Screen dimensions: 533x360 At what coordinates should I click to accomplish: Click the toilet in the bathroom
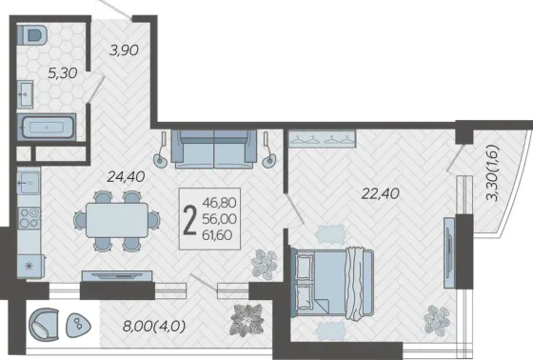[32, 34]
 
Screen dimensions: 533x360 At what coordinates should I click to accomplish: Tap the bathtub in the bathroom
[47, 128]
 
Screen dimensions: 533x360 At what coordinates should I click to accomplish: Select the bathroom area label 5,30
[63, 72]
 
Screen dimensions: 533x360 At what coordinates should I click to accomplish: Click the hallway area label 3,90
[124, 50]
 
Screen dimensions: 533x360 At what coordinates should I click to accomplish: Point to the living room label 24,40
[126, 176]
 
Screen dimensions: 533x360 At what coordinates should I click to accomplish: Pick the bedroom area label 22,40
[381, 193]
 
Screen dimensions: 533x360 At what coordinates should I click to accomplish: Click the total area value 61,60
[217, 235]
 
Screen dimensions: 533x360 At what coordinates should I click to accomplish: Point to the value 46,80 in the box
[219, 203]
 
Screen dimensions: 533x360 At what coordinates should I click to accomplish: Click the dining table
[117, 220]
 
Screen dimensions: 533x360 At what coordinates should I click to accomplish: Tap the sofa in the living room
[214, 149]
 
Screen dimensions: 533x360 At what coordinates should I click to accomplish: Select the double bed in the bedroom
[332, 284]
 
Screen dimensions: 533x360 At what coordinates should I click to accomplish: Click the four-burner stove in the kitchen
[30, 218]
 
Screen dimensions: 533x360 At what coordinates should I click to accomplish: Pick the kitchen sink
[29, 183]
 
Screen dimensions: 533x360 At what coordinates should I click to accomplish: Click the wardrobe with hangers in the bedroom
[322, 139]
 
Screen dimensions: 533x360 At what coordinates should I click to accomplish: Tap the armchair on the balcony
[44, 325]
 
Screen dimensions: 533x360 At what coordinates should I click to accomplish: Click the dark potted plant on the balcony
[247, 320]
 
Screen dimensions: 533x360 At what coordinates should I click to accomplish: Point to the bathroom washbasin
[26, 94]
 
